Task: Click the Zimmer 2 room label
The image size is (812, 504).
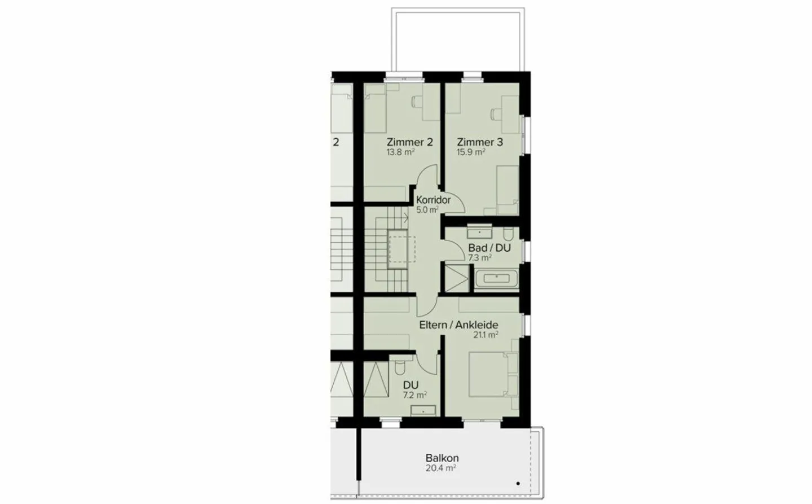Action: pyautogui.click(x=409, y=142)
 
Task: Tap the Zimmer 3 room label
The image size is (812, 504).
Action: pyautogui.click(x=479, y=142)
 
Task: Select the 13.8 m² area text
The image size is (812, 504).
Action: pyautogui.click(x=400, y=152)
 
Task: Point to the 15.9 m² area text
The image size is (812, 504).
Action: pyautogui.click(x=471, y=152)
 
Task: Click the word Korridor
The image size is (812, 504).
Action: pyautogui.click(x=433, y=200)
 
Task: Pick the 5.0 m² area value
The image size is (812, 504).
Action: pyautogui.click(x=427, y=210)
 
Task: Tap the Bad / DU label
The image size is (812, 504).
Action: pyautogui.click(x=489, y=248)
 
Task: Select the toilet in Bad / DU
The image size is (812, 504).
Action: pyautogui.click(x=508, y=234)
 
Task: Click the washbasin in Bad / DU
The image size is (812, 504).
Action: pyautogui.click(x=480, y=232)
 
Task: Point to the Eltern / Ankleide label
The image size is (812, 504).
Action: pyautogui.click(x=458, y=325)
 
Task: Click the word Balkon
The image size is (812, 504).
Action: pyautogui.click(x=442, y=458)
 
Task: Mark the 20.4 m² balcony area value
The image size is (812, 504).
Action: pyautogui.click(x=441, y=468)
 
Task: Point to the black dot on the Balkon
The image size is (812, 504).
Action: pyautogui.click(x=518, y=484)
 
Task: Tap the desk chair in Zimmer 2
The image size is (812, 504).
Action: pyautogui.click(x=416, y=102)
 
